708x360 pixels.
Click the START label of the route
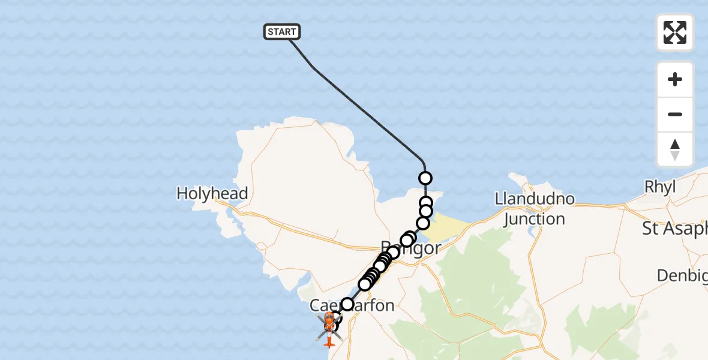pyautogui.click(x=281, y=32)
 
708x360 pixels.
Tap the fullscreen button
pyautogui.click(x=675, y=32)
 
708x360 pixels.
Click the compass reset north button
pyautogui.click(x=675, y=149)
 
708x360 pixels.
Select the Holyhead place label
pyautogui.click(x=212, y=193)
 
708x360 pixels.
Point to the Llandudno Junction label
pyautogui.click(x=535, y=208)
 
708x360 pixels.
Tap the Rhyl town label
pyautogui.click(x=659, y=187)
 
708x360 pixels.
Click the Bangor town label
pyautogui.click(x=412, y=248)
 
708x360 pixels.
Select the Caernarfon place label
pyautogui.click(x=352, y=305)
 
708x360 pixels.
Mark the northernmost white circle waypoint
pyautogui.click(x=425, y=178)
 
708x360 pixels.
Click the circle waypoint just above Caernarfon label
pyautogui.click(x=347, y=304)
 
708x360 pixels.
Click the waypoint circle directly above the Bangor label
pyautogui.click(x=407, y=240)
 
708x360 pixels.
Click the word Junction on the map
pyautogui.click(x=535, y=219)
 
